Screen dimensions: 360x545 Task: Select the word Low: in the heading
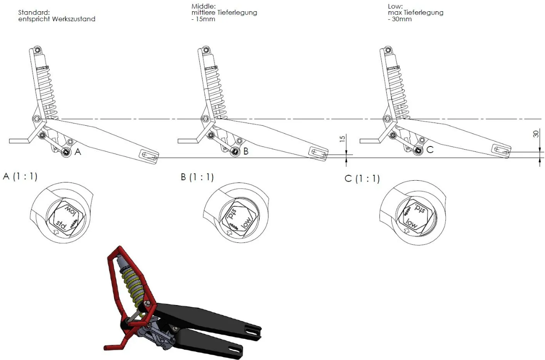(395, 6)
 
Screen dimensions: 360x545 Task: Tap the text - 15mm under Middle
(203, 19)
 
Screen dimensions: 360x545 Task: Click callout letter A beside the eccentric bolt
(78, 153)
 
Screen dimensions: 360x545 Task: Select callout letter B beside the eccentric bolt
(246, 151)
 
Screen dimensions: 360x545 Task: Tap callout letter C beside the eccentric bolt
(430, 150)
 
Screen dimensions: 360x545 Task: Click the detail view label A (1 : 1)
(20, 177)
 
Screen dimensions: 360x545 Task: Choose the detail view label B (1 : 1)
(197, 177)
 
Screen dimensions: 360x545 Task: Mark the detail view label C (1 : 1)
(362, 179)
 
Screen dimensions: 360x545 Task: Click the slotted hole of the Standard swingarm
(149, 155)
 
